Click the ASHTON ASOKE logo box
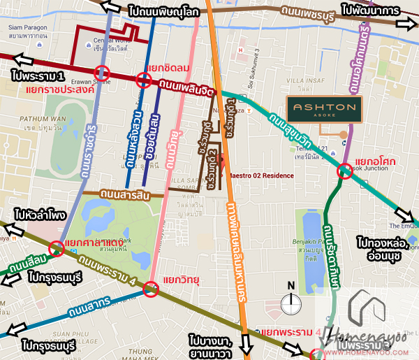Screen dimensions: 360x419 (x=324, y=109)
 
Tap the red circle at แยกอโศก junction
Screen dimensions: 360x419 (x=344, y=172)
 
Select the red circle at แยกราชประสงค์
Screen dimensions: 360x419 (x=102, y=73)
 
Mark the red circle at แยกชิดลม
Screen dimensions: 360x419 (x=144, y=80)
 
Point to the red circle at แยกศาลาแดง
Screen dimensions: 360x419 (x=57, y=248)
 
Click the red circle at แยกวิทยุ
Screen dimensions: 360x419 (x=150, y=289)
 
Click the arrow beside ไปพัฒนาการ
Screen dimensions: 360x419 (x=404, y=24)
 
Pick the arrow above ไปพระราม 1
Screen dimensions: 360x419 (x=23, y=59)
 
